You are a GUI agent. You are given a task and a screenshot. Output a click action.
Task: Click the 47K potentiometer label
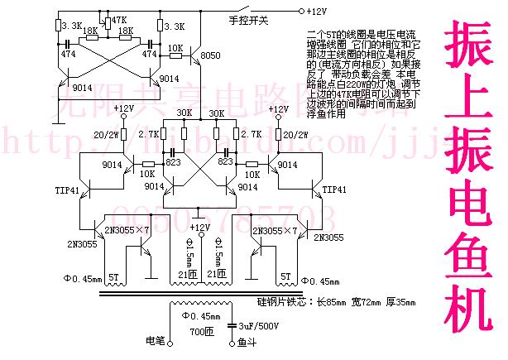(117, 18)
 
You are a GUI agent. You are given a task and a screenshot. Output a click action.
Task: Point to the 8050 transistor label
(211, 55)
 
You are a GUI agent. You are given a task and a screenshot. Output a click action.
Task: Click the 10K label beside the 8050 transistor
(175, 48)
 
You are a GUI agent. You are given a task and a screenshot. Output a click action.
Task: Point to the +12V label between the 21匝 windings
(199, 226)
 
